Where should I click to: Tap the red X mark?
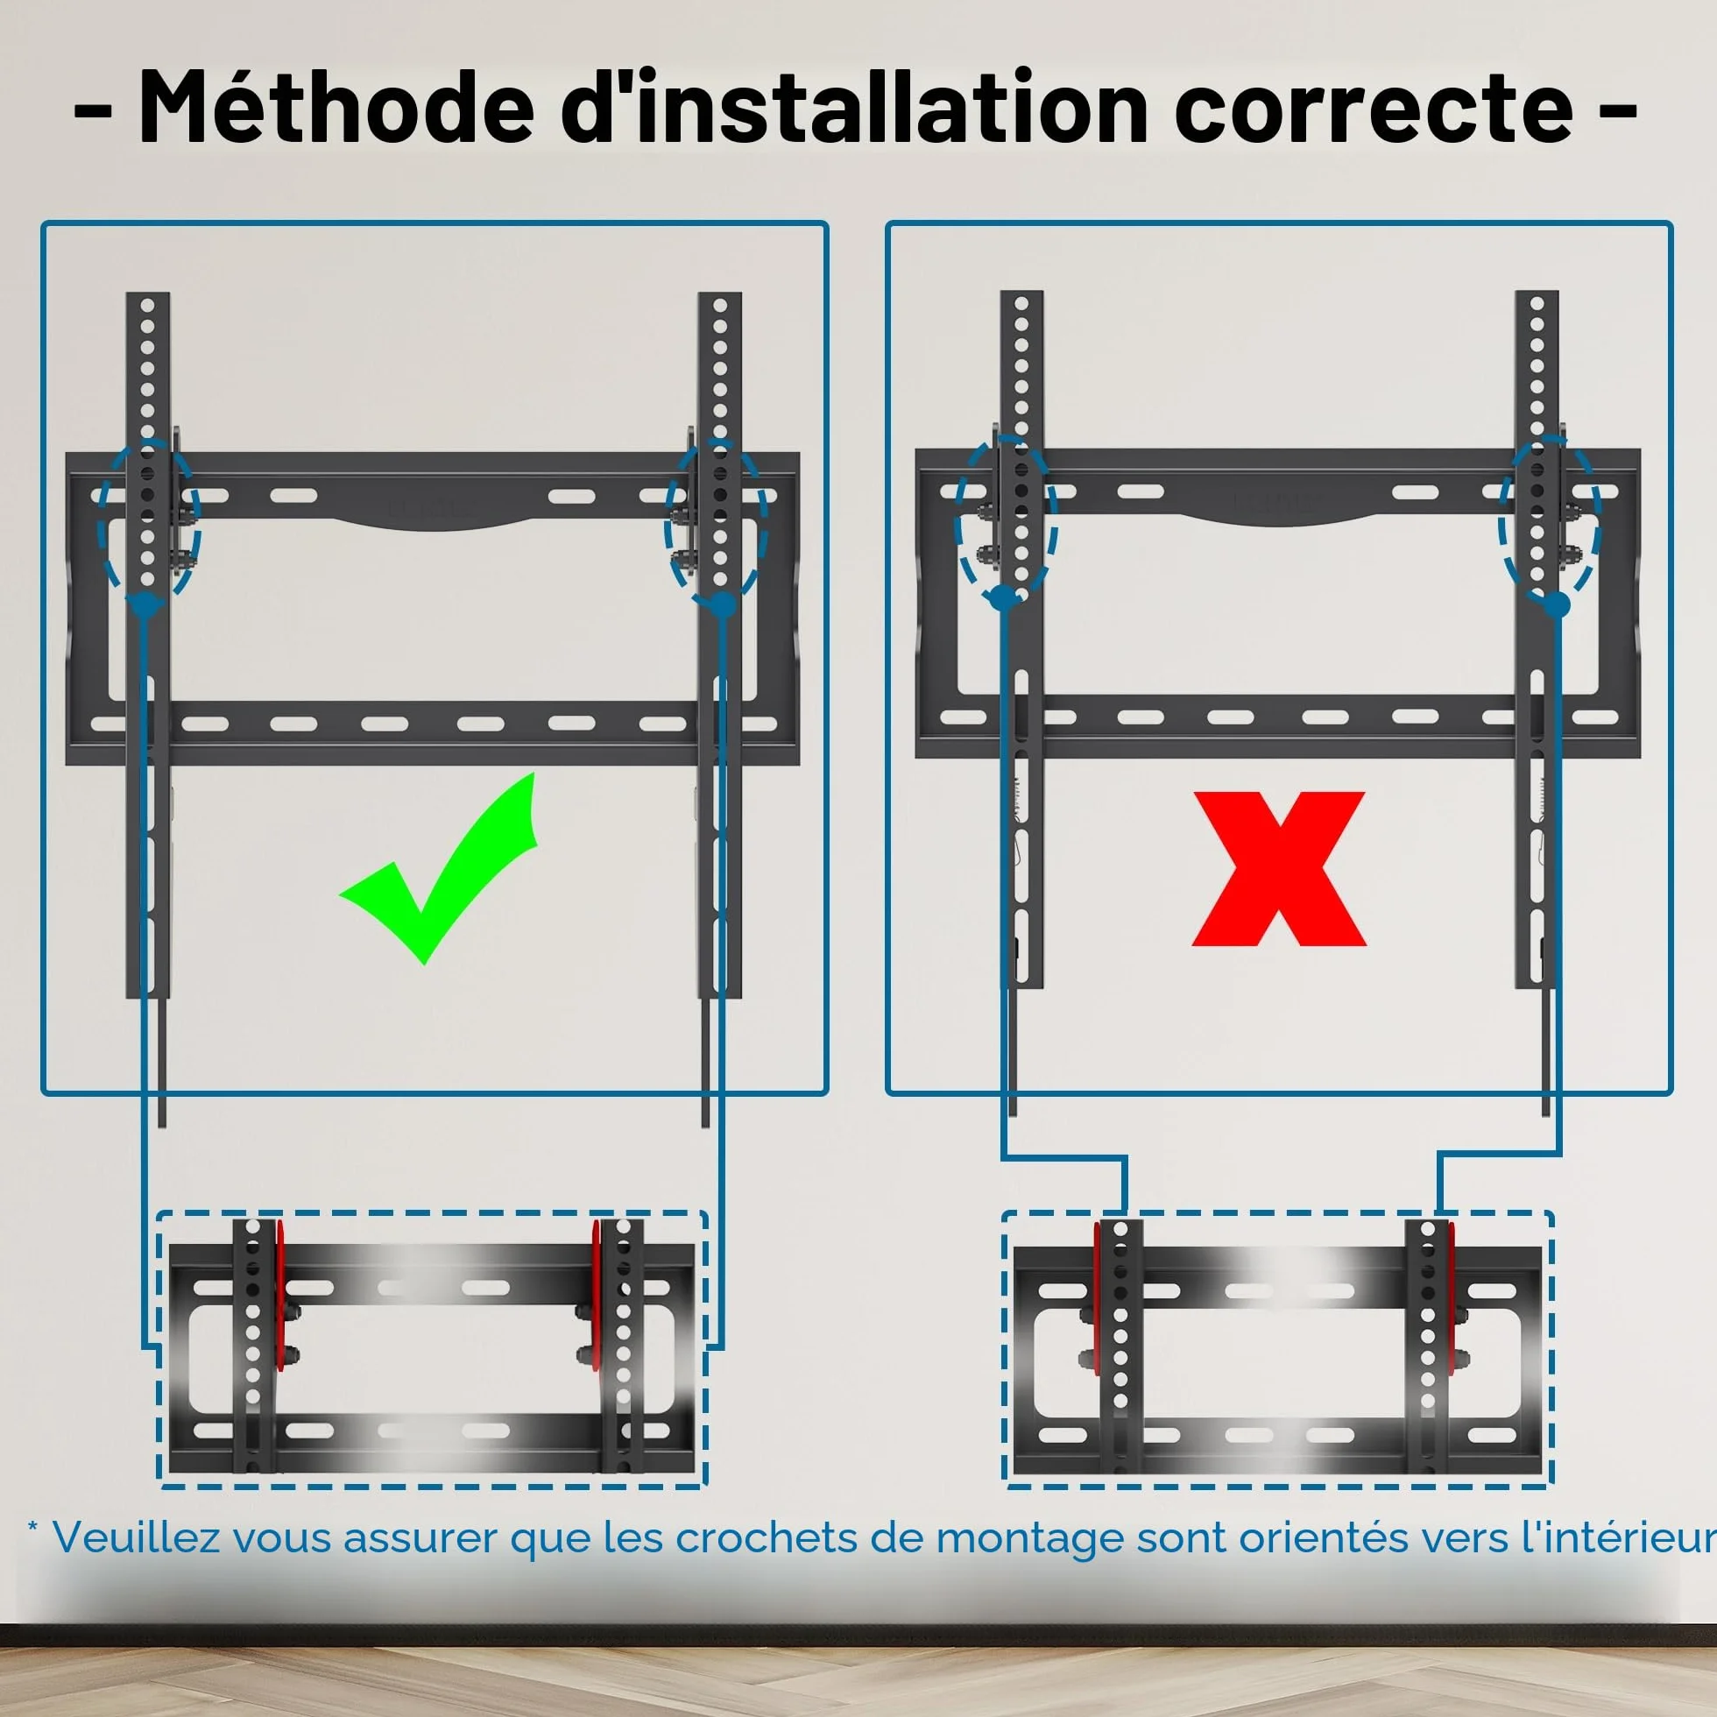1278,869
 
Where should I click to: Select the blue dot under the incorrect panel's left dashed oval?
1003,597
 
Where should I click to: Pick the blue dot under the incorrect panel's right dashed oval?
1556,605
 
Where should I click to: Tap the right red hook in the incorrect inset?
1452,1297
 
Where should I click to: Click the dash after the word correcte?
1618,113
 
